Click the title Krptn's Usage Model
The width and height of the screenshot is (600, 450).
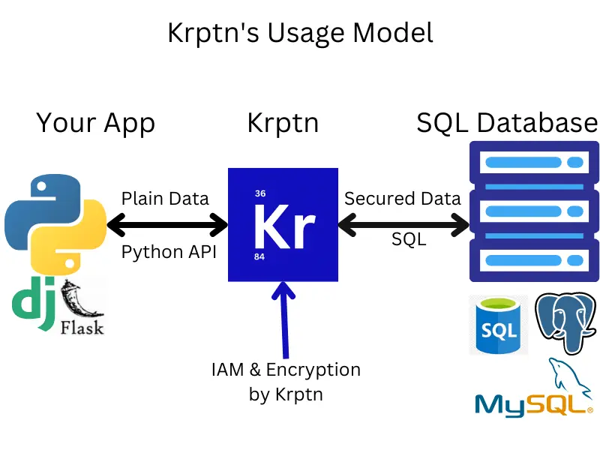[299, 34]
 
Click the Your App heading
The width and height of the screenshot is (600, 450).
[95, 122]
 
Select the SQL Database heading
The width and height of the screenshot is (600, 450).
[507, 122]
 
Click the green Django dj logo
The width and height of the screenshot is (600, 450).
[34, 305]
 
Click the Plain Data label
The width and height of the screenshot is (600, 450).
[165, 199]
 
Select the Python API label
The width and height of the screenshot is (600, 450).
[169, 252]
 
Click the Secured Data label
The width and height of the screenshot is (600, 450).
[402, 199]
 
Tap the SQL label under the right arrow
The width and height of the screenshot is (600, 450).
[409, 239]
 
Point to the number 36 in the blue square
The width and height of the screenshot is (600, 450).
[260, 193]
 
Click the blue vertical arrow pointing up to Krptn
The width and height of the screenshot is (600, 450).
[283, 319]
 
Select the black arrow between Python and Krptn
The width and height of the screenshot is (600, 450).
[167, 223]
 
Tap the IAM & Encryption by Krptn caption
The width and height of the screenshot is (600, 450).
[286, 381]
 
